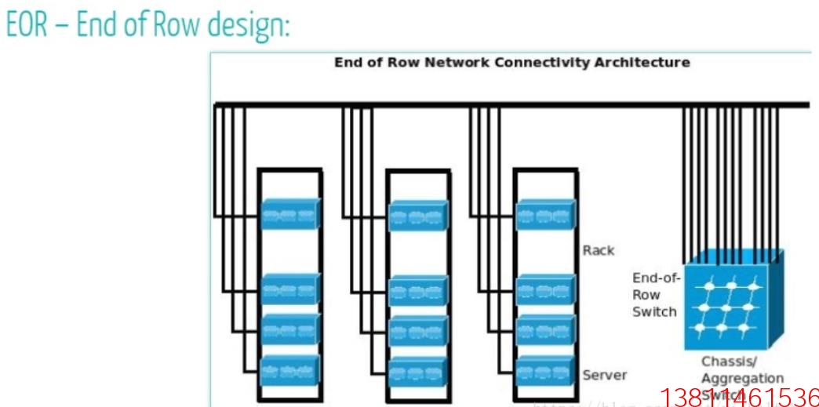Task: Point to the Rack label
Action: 599,250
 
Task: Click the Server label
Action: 605,375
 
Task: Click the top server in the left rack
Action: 290,213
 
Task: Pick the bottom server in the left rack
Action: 290,369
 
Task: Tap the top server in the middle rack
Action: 418,216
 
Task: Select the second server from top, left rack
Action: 290,289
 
